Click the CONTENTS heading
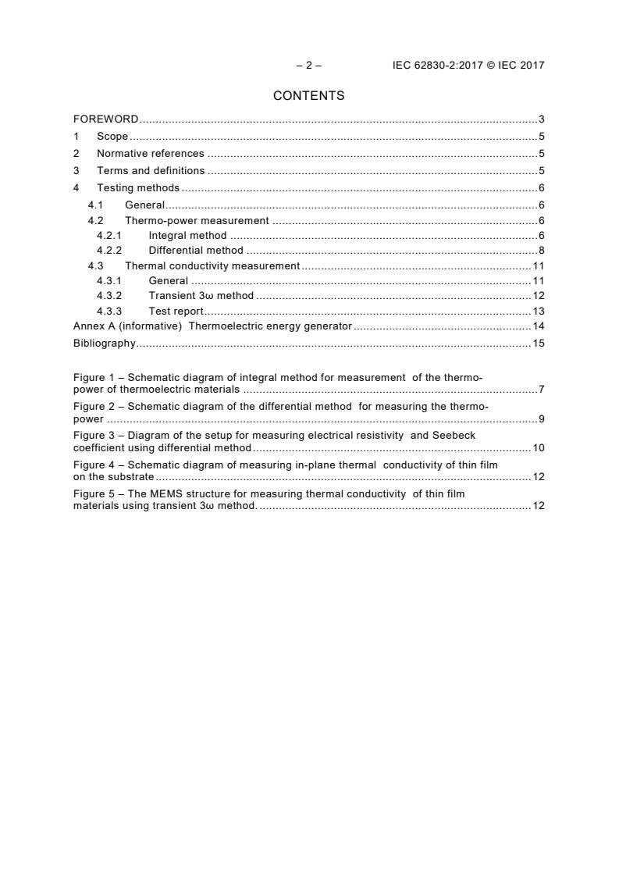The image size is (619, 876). (308, 96)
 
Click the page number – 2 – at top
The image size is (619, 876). (308, 66)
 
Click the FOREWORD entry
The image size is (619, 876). (105, 119)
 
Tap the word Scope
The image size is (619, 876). (112, 137)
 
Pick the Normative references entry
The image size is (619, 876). (150, 154)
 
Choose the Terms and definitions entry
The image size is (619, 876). (151, 171)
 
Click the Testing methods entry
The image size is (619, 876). (138, 188)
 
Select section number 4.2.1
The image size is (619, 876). (109, 236)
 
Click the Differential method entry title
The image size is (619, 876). (196, 251)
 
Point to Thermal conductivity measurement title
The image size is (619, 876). (212, 266)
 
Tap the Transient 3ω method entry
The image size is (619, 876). (201, 296)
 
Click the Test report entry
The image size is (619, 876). (176, 311)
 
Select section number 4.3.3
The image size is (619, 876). (109, 311)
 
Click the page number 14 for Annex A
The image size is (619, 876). (538, 326)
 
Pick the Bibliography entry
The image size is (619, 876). (104, 343)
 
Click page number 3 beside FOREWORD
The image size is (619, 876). (541, 119)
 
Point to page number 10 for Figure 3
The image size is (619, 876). (538, 448)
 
